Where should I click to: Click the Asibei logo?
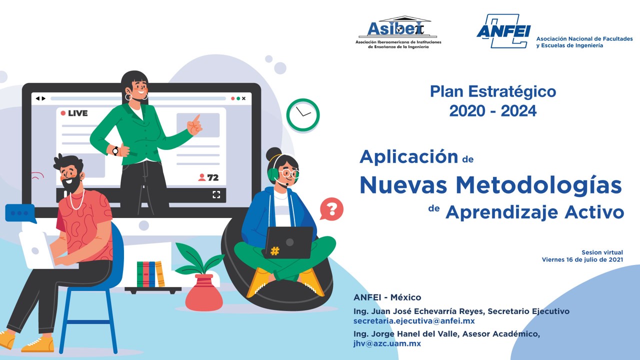[x=398, y=32]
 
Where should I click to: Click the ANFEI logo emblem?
[x=503, y=31]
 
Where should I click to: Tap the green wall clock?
[x=303, y=115]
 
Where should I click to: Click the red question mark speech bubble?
[x=331, y=209]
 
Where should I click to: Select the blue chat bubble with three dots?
[x=20, y=213]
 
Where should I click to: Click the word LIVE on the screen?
[x=77, y=113]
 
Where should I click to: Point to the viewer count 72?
[x=213, y=177]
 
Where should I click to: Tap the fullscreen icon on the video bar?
[x=216, y=194]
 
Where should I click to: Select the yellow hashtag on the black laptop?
[x=274, y=251]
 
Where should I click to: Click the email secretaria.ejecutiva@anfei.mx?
[x=414, y=321]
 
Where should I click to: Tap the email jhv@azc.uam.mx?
[x=387, y=343]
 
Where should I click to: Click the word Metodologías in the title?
[x=539, y=185]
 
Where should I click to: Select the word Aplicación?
[x=409, y=157]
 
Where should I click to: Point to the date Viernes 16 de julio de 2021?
[x=582, y=259]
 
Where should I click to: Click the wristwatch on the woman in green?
[x=115, y=150]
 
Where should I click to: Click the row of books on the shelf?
[x=151, y=274]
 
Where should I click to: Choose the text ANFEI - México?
[x=387, y=297]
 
